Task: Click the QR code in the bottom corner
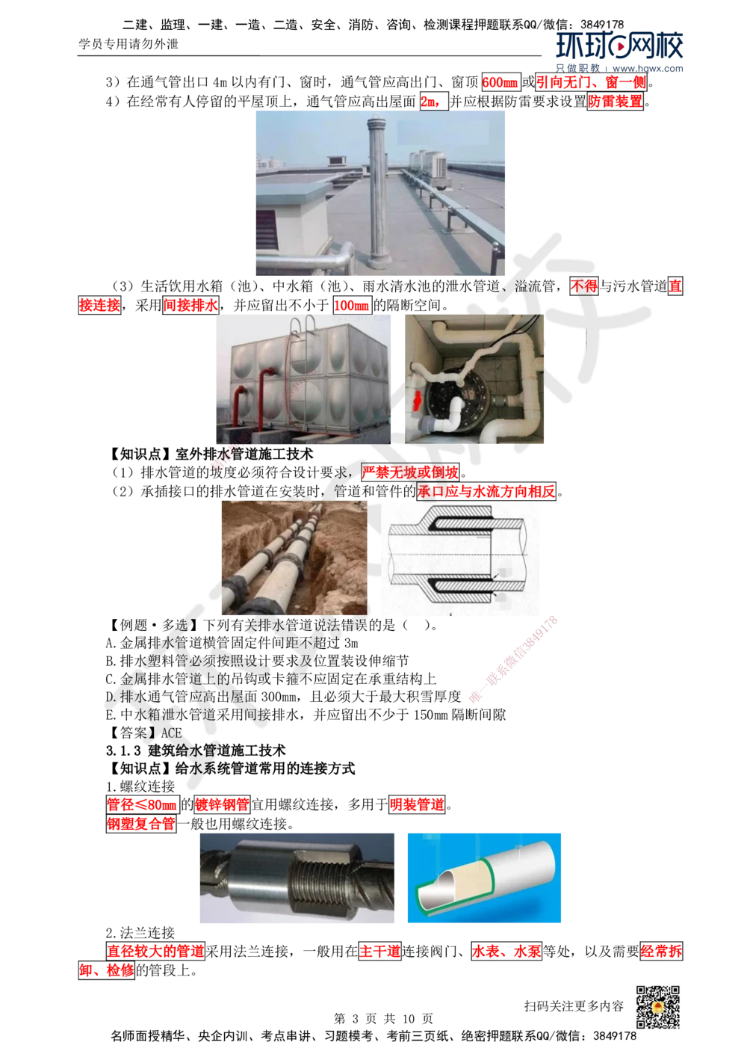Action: tap(657, 1007)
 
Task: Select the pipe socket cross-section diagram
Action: tap(459, 557)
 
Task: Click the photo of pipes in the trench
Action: tap(294, 553)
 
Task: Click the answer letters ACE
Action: tap(171, 733)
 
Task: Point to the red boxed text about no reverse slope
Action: tap(409, 472)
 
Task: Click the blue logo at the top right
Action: tap(620, 49)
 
